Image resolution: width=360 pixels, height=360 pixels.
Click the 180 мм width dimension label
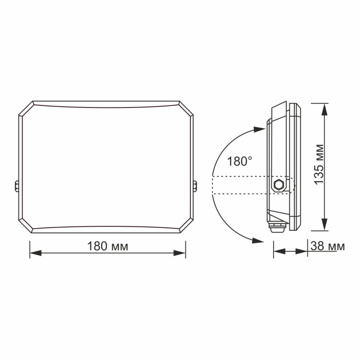108,247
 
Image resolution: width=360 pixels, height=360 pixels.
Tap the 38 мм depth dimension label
328,246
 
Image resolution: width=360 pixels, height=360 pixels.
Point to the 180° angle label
239,162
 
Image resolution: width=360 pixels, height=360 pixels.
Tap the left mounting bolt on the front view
17,186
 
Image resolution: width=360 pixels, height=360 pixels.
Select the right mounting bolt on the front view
195,186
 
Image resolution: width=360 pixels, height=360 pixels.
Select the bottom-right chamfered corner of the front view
186,226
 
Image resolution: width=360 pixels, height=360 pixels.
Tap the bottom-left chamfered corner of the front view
26,226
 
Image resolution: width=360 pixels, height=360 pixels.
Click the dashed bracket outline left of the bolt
238,185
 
